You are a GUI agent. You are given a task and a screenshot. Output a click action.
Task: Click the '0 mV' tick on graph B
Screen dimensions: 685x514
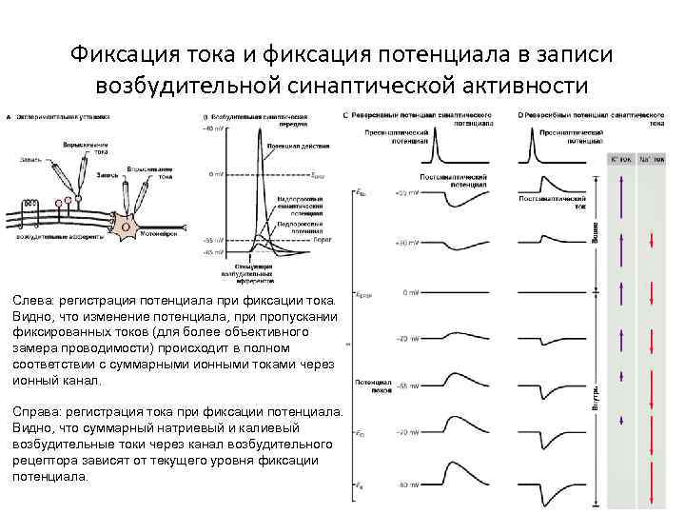(215, 175)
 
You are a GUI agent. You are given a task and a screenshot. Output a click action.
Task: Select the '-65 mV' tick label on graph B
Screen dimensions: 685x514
(211, 253)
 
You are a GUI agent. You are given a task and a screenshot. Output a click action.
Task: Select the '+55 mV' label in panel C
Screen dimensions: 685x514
(405, 192)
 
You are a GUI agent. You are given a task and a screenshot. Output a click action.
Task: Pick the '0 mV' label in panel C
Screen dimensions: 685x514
(410, 292)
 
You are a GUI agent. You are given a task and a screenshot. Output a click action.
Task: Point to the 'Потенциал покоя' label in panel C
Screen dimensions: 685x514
(374, 385)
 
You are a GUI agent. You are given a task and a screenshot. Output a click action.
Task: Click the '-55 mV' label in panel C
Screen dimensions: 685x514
(407, 387)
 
